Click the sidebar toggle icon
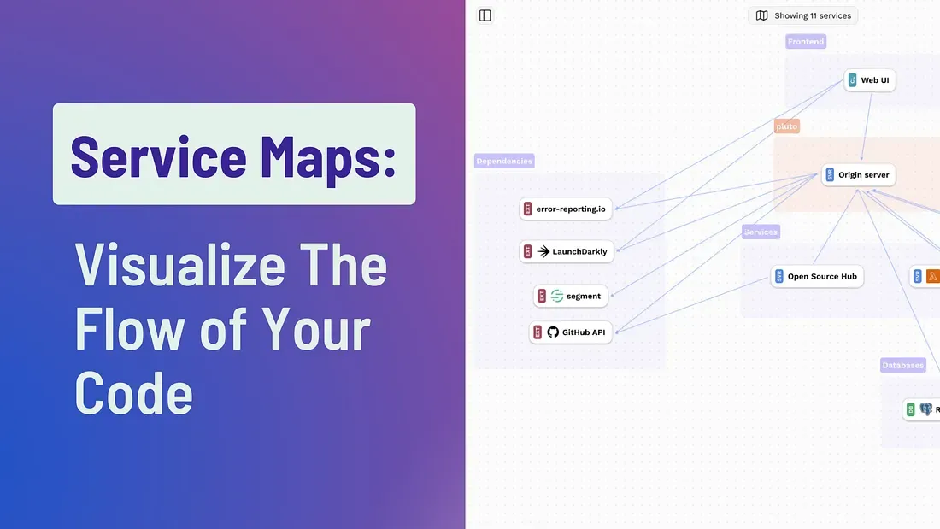click(485, 15)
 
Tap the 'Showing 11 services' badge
click(803, 15)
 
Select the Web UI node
click(870, 80)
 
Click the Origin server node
click(858, 175)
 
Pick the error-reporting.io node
click(566, 209)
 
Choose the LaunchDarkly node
click(567, 251)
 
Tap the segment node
click(571, 296)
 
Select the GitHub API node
click(571, 332)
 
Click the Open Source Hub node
click(817, 276)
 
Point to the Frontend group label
click(806, 41)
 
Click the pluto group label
click(786, 126)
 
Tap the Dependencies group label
click(504, 161)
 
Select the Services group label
click(761, 232)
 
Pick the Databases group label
click(902, 365)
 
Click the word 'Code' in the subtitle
click(133, 393)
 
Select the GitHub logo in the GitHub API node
click(553, 332)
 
